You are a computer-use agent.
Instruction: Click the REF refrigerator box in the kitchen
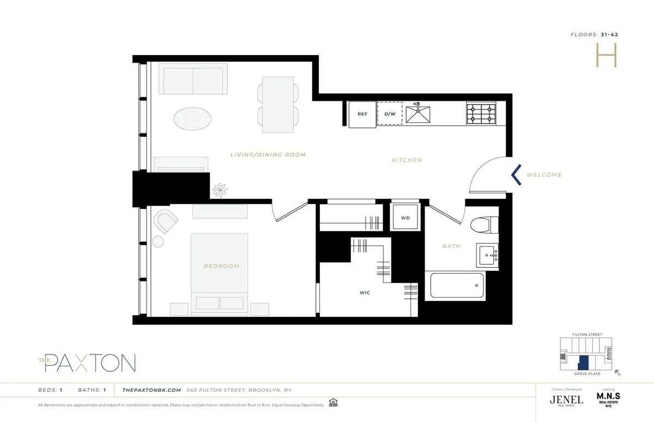(x=362, y=114)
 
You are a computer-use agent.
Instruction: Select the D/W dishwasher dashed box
(x=390, y=114)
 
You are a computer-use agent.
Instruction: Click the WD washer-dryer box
(x=405, y=218)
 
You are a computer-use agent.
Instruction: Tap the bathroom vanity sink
(x=488, y=255)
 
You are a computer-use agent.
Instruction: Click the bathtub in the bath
(x=457, y=286)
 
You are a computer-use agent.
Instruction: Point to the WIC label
(x=365, y=293)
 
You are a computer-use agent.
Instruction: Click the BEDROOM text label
(x=221, y=266)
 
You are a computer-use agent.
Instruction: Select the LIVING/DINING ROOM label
(x=268, y=155)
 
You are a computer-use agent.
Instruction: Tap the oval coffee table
(x=193, y=118)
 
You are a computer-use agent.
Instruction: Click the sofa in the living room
(x=193, y=79)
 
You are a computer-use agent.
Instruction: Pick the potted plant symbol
(x=221, y=189)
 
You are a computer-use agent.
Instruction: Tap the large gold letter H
(x=605, y=56)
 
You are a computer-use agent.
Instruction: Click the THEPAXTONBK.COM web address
(x=151, y=390)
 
